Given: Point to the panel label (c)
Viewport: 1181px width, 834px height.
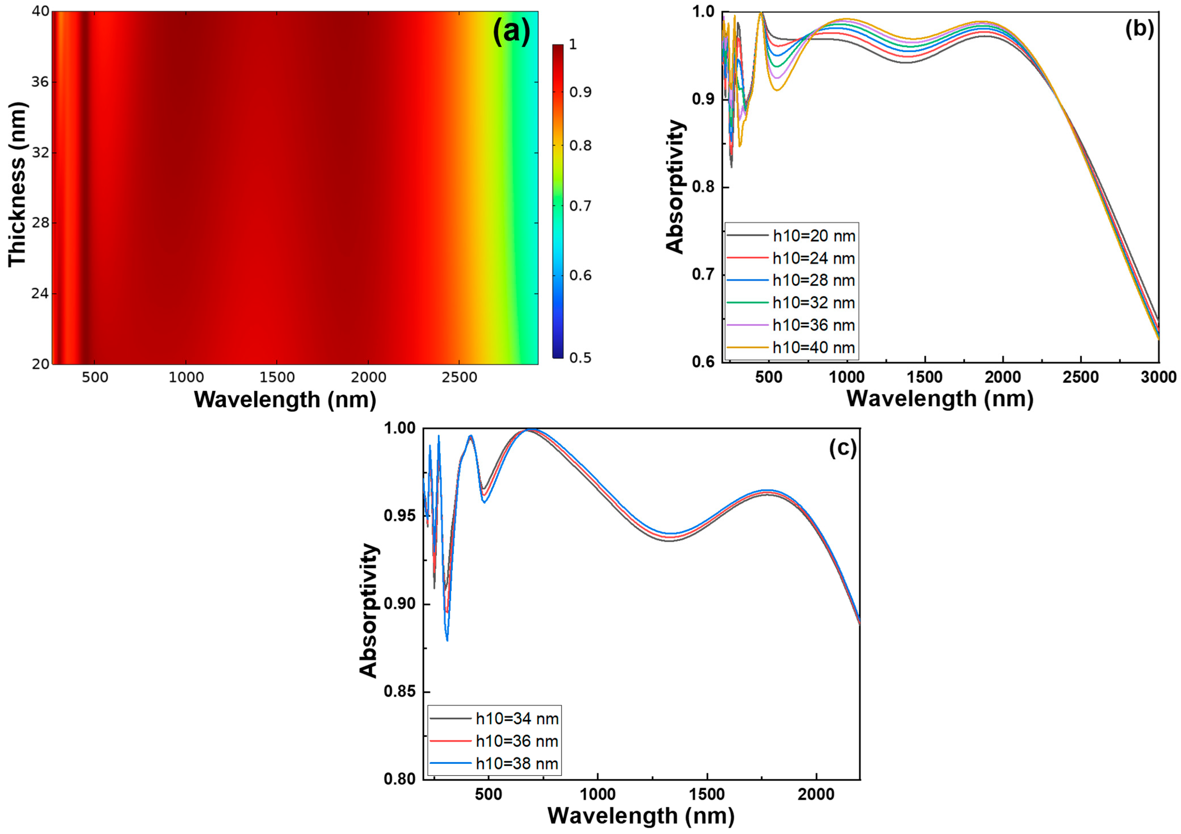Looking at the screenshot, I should click(x=843, y=448).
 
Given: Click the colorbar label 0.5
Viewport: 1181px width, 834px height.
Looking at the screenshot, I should click(x=580, y=358).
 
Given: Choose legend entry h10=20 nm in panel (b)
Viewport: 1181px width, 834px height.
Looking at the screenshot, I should click(x=814, y=236).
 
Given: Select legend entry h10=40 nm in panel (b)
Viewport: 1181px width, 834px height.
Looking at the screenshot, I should click(x=814, y=348).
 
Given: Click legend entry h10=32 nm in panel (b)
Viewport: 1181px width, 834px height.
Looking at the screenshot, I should click(x=814, y=303).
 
